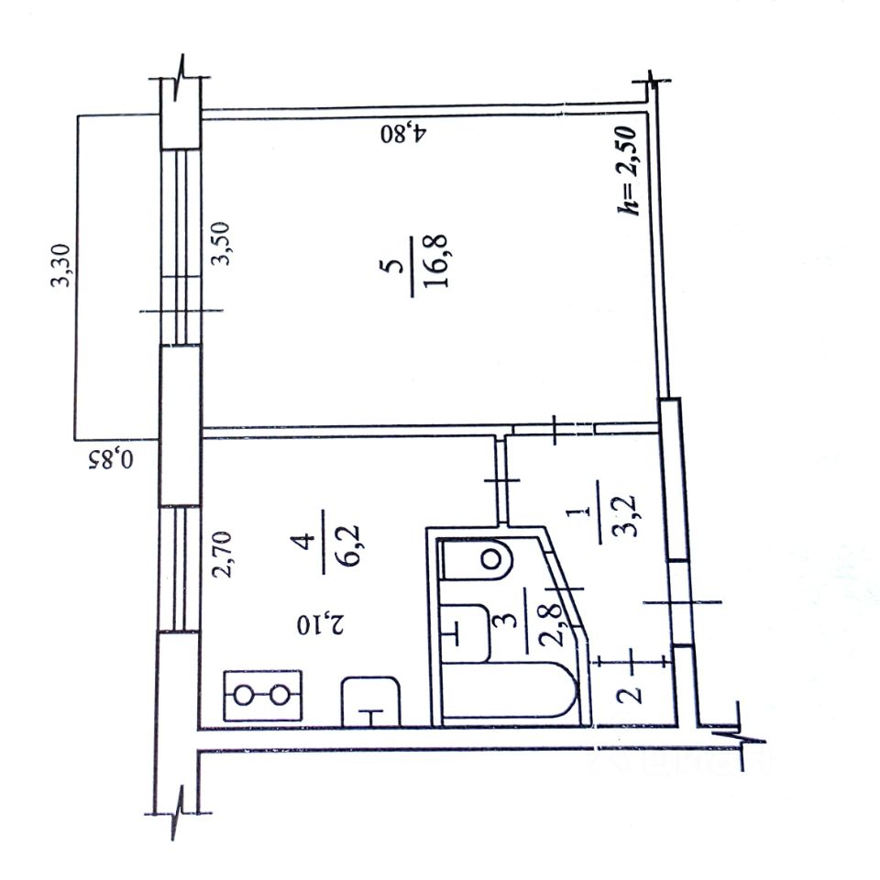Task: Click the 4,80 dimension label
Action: [x=404, y=134]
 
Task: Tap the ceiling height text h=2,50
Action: [x=627, y=170]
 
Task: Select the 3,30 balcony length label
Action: [x=60, y=265]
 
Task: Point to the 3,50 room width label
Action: [x=220, y=243]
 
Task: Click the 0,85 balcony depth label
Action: [x=111, y=459]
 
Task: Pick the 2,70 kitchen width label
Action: [x=221, y=555]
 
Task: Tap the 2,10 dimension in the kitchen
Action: [x=320, y=624]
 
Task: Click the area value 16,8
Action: [x=435, y=261]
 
